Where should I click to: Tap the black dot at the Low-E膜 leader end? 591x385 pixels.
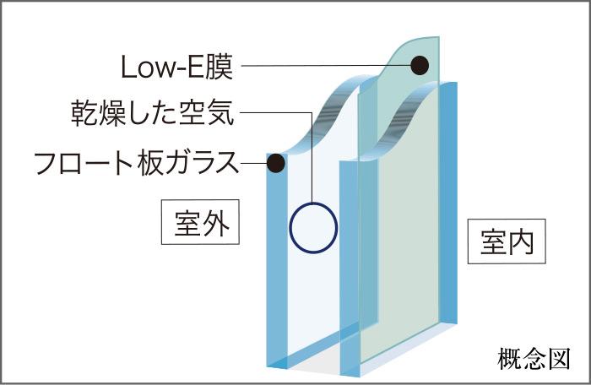420,65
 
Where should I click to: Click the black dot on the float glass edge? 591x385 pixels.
276,162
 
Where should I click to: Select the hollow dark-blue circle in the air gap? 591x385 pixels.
313,227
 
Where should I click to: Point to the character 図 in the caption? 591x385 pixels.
559,358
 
